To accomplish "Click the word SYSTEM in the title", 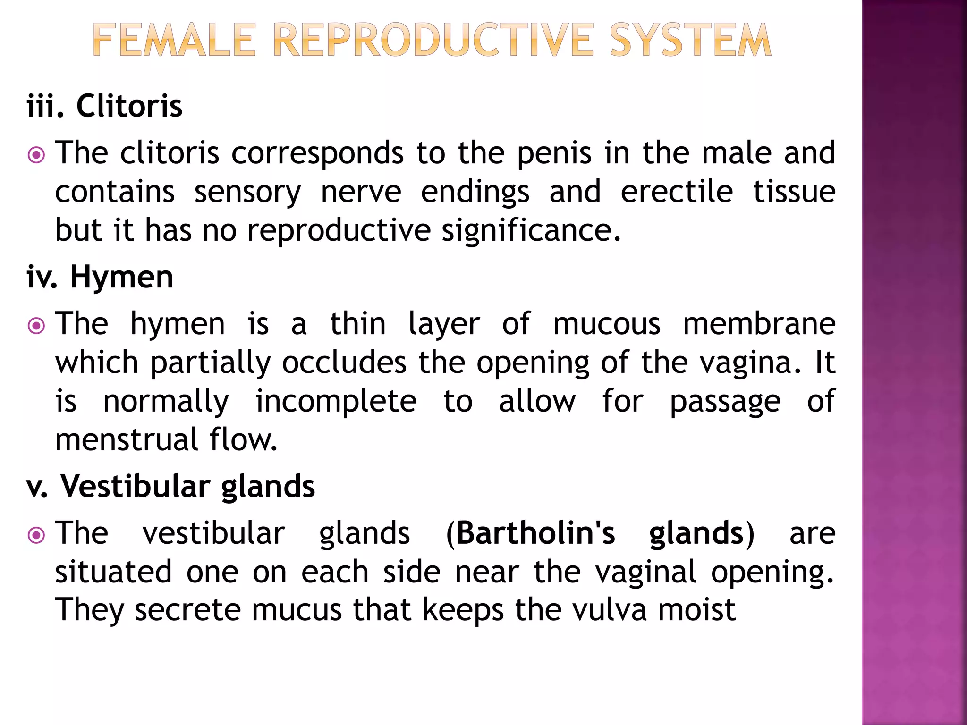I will click(690, 41).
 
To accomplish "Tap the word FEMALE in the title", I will click(174, 41).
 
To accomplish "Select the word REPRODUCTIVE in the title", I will click(433, 41).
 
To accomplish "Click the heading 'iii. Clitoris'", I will click(104, 106).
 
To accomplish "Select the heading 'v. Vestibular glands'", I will click(170, 486).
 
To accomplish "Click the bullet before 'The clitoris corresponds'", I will click(36, 155).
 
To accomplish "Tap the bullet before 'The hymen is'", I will click(36, 326).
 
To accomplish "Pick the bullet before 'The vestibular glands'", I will click(36, 535).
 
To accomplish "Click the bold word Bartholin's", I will click(536, 533).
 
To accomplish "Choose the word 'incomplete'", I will click(336, 401).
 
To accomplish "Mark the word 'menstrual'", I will click(127, 440).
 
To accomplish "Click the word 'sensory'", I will click(247, 193).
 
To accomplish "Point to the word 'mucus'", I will click(297, 610).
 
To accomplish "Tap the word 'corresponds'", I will click(318, 154).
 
